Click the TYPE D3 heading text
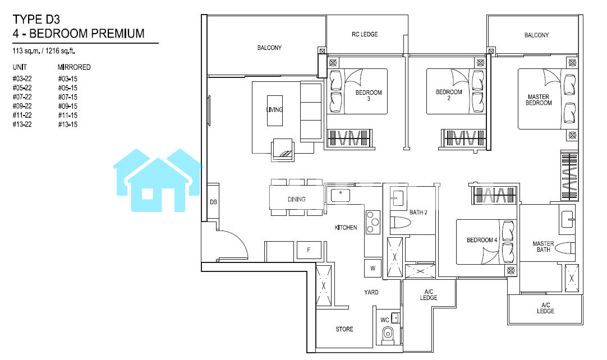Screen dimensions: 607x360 pyautogui.click(x=36, y=20)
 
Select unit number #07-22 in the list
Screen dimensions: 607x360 pyautogui.click(x=22, y=97)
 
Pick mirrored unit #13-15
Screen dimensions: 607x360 pyautogui.click(x=68, y=124)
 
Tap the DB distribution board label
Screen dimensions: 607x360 pyautogui.click(x=213, y=202)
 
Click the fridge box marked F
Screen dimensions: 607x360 pyautogui.click(x=309, y=250)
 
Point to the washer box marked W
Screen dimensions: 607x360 pyautogui.click(x=373, y=268)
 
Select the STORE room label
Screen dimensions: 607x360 pyautogui.click(x=344, y=329)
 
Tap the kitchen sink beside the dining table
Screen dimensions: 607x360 pyautogui.click(x=341, y=195)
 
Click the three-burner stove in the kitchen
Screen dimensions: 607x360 pyautogui.click(x=373, y=222)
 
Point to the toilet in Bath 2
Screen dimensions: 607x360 pyautogui.click(x=400, y=223)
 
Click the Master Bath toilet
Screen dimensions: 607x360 pyautogui.click(x=565, y=248)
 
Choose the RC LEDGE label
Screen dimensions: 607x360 pyautogui.click(x=365, y=34)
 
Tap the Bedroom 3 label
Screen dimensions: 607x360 pyautogui.click(x=369, y=95)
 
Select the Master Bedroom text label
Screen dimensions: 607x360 pyautogui.click(x=539, y=100)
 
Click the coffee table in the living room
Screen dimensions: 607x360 pyautogui.click(x=274, y=110)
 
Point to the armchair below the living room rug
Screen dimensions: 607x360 pyautogui.click(x=283, y=150)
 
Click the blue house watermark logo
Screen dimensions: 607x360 pyautogui.click(x=158, y=180)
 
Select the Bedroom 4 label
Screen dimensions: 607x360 pyautogui.click(x=482, y=240)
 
